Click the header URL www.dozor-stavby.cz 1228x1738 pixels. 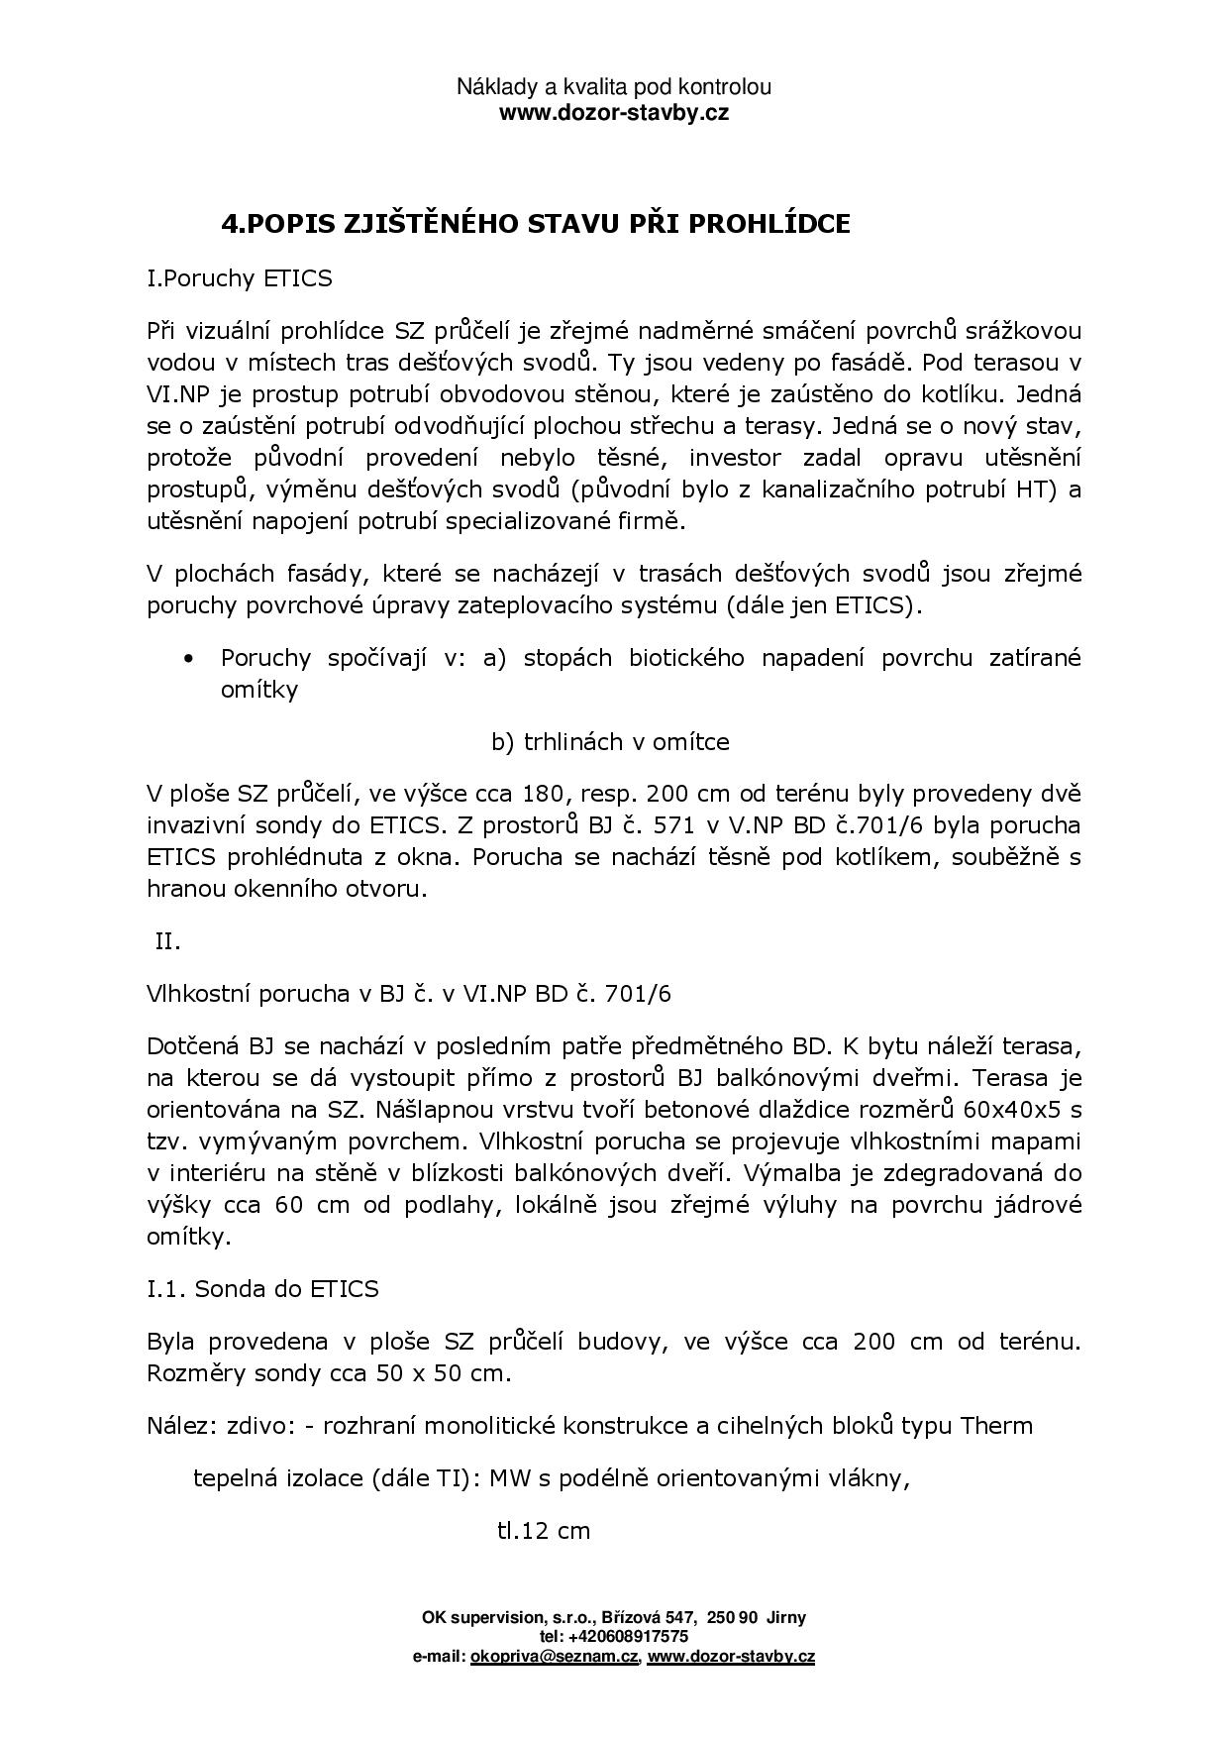click(x=613, y=112)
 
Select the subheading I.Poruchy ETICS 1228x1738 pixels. click(x=239, y=278)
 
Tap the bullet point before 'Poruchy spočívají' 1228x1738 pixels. click(x=188, y=659)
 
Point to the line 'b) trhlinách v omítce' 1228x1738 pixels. click(x=610, y=741)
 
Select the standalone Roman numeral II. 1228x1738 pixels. click(x=168, y=941)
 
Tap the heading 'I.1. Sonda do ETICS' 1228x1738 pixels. click(x=262, y=1288)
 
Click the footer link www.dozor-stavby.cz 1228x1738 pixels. click(x=731, y=1656)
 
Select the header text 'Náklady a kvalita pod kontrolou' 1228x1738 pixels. click(x=613, y=87)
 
